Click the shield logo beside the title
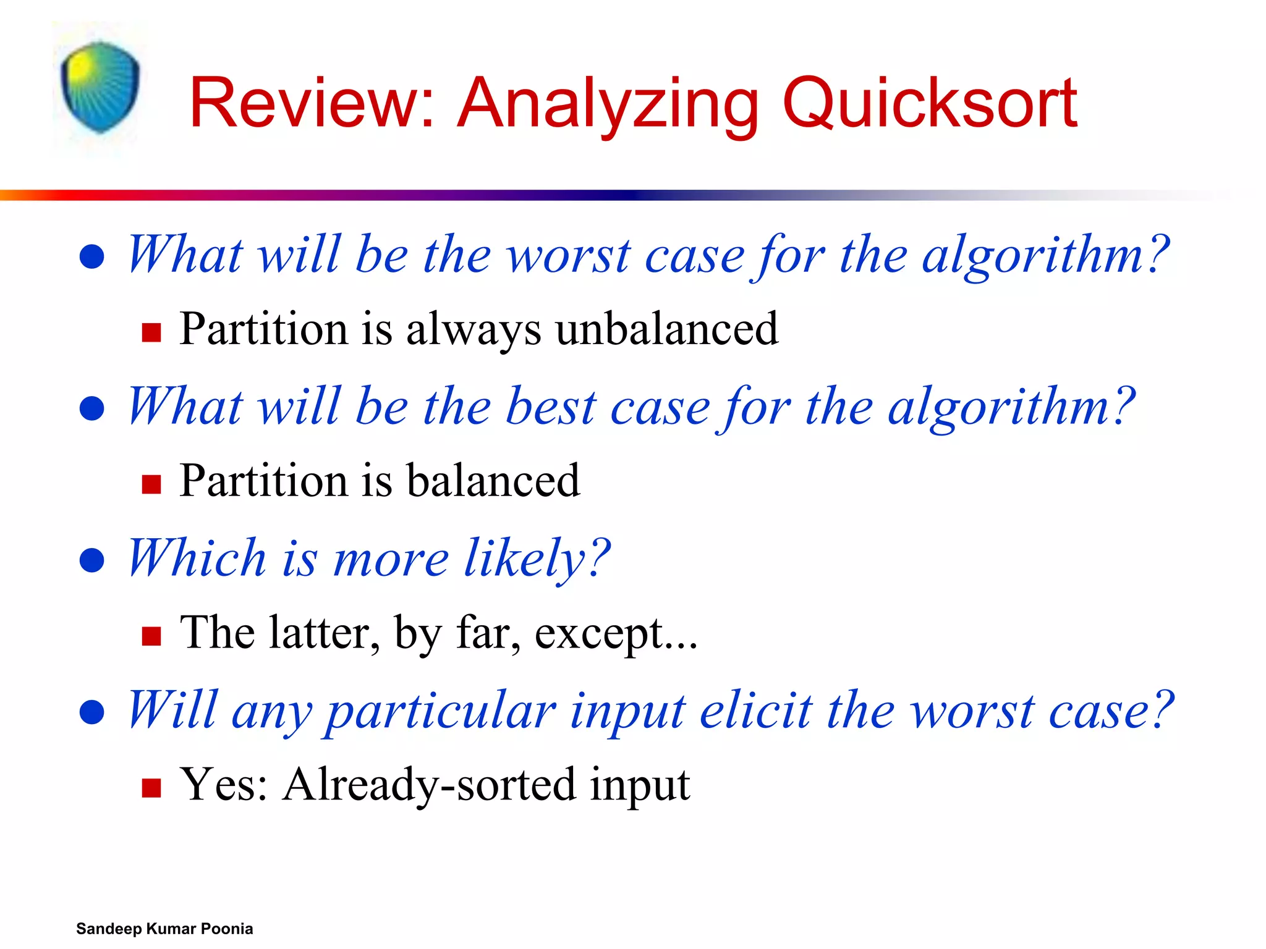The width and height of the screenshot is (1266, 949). (100, 87)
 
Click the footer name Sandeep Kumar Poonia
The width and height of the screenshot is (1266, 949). (164, 929)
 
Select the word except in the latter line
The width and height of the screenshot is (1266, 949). (600, 634)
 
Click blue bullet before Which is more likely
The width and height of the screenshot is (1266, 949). (92, 560)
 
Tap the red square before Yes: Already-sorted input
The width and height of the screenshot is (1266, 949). (151, 788)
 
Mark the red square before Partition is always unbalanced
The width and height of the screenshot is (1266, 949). (151, 332)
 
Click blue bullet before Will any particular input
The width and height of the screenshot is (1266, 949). (92, 712)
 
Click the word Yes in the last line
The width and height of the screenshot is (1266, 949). (222, 785)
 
